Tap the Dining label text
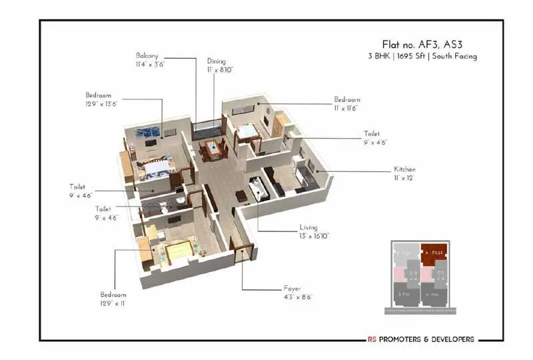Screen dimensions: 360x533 pyautogui.click(x=217, y=60)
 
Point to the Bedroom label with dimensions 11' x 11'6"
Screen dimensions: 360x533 pyautogui.click(x=346, y=100)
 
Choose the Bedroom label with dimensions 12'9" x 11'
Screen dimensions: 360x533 pyautogui.click(x=113, y=295)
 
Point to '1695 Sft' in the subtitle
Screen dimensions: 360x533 pyautogui.click(x=413, y=57)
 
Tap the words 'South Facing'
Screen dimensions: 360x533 pyautogui.click(x=456, y=57)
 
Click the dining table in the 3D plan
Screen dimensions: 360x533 pyautogui.click(x=211, y=148)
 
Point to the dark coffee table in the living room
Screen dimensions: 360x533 pyautogui.click(x=241, y=196)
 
